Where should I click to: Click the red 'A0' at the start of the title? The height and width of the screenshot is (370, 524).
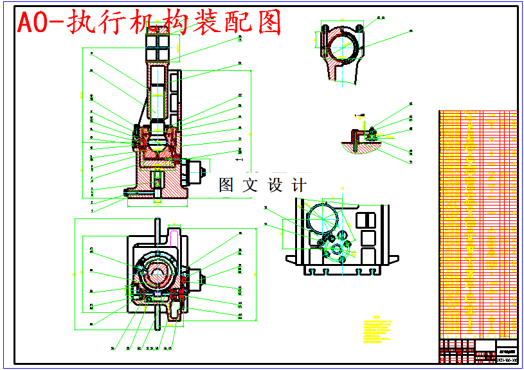pyautogui.click(x=32, y=24)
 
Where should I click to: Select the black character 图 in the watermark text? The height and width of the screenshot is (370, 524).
pyautogui.click(x=226, y=186)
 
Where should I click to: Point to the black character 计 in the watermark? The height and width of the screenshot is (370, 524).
pyautogui.click(x=299, y=186)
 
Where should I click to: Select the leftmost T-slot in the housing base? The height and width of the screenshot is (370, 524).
pyautogui.click(x=312, y=272)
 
